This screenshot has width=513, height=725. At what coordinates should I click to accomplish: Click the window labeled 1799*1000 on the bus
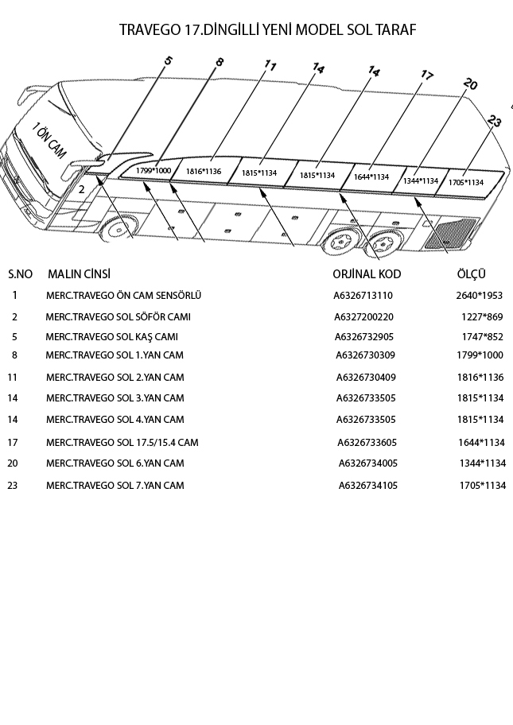coord(153,171)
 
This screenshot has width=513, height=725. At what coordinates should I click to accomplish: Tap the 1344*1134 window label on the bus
coord(421,181)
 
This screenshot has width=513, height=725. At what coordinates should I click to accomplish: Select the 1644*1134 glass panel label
coord(371,177)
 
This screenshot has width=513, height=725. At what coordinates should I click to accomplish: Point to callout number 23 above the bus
coord(495,122)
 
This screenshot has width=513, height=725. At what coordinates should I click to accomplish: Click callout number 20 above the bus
coord(470,85)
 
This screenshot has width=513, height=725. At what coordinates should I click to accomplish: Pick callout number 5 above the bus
coord(168,61)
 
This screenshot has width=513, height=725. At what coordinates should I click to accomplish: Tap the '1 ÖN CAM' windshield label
coord(49,141)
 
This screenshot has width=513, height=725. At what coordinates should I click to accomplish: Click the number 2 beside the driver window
coord(82,190)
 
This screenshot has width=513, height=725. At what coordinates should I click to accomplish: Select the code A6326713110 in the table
coord(363,296)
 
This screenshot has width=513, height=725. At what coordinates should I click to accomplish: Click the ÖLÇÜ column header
coord(471,274)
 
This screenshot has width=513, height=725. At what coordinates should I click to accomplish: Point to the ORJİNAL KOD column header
coord(367,274)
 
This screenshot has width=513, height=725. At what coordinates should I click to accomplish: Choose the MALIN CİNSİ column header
coord(79,274)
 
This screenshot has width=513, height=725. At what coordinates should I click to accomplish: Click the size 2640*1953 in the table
coord(479,296)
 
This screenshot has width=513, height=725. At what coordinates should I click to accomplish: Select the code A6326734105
coord(368,485)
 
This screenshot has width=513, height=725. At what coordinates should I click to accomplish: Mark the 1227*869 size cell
coord(482,317)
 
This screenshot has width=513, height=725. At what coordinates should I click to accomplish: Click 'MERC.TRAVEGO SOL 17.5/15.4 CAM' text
coord(122,442)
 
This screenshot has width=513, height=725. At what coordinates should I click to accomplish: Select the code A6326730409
coord(366,377)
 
